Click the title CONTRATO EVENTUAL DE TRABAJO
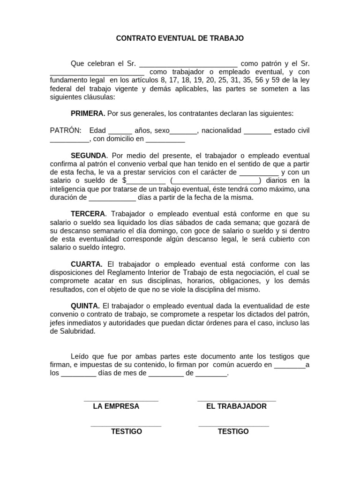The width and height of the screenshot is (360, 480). [x=180, y=38]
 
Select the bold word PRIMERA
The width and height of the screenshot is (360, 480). [x=88, y=113]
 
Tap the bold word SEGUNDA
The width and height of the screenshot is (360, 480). [x=88, y=155]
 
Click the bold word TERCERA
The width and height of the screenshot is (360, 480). [x=88, y=214]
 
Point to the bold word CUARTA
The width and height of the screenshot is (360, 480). [x=86, y=264]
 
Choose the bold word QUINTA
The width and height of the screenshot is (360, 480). [x=85, y=306]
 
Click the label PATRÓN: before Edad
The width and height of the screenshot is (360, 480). [x=66, y=130]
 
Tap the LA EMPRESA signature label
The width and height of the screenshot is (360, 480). [x=116, y=406]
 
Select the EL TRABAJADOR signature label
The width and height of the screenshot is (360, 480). [x=236, y=406]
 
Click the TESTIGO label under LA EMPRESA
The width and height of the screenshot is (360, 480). [x=127, y=431]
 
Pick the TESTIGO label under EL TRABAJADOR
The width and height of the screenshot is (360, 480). [x=233, y=431]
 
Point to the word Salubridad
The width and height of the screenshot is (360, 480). [x=77, y=331]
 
